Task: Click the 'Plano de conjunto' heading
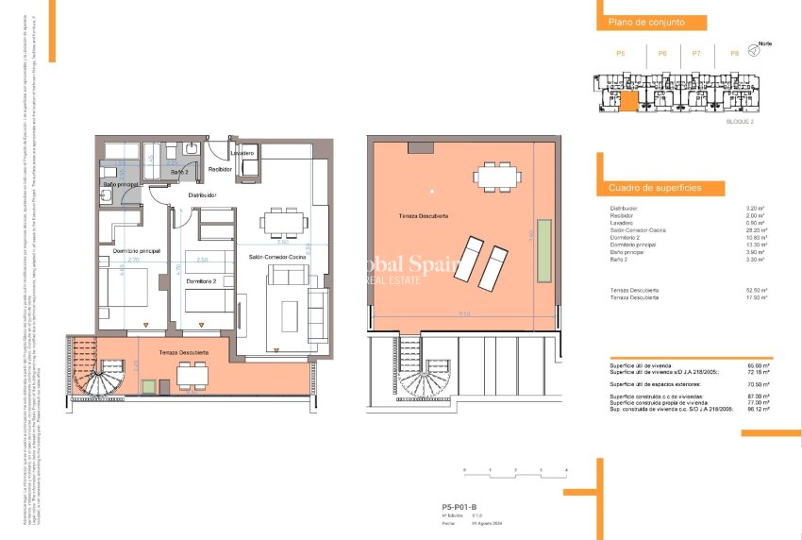645,22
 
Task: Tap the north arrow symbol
753,51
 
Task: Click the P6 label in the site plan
662,54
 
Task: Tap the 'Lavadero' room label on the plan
242,152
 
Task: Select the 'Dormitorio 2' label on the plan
201,281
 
